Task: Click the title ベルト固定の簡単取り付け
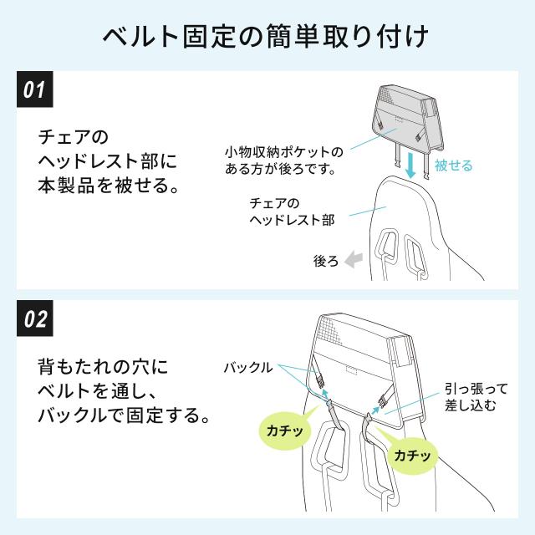(x=266, y=36)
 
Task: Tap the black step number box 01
(x=35, y=89)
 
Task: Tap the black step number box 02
(x=35, y=318)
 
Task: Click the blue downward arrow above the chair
(x=411, y=166)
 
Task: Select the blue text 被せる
(x=453, y=166)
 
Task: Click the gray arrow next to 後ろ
(x=353, y=260)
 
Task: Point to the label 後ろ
(x=326, y=261)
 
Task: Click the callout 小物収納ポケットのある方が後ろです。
(x=284, y=160)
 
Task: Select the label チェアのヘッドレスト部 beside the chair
(x=292, y=211)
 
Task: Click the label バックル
(x=248, y=368)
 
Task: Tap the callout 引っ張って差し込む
(x=476, y=397)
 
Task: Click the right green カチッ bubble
(x=412, y=454)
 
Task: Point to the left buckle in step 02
(x=320, y=380)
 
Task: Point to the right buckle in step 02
(x=384, y=400)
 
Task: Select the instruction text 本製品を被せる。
(x=109, y=186)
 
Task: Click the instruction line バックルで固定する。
(x=124, y=415)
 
